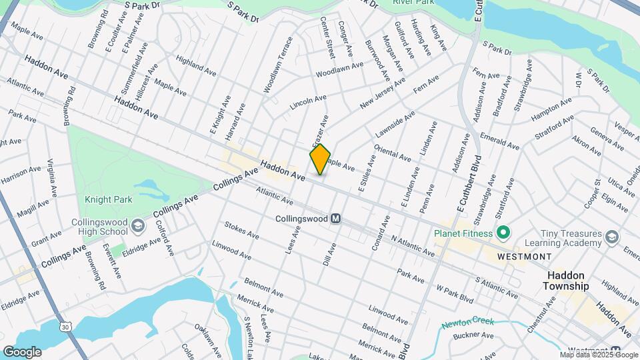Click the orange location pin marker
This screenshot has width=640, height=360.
pyautogui.click(x=320, y=159)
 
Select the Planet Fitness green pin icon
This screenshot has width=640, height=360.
pyautogui.click(x=504, y=233)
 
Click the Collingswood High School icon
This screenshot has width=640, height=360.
pyautogui.click(x=137, y=225)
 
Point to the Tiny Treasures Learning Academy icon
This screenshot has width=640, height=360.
pyautogui.click(x=611, y=237)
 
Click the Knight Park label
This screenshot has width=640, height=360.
pyautogui.click(x=108, y=199)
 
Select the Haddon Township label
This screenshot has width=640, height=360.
pyautogui.click(x=568, y=281)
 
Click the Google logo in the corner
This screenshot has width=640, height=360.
pyautogui.click(x=22, y=351)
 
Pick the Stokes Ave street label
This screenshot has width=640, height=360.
pyautogui.click(x=241, y=230)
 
